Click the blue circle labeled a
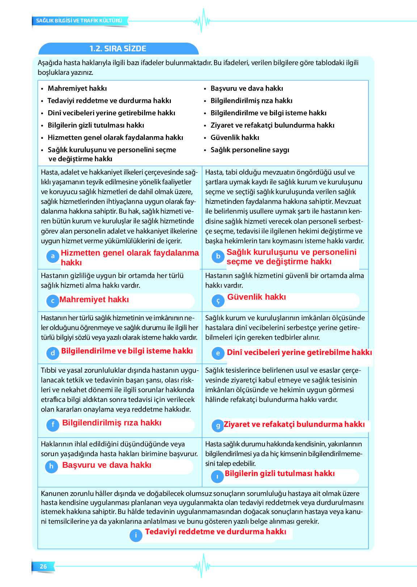tap(53, 256)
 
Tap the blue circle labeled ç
tap(218, 301)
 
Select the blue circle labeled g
tap(218, 426)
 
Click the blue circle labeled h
tap(51, 466)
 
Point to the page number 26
tap(43, 566)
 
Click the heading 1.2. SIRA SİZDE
tap(118, 49)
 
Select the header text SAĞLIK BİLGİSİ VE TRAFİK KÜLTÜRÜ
tap(79, 21)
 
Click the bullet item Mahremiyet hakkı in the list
tap(77, 89)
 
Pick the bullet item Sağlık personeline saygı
tap(250, 150)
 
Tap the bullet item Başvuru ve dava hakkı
tap(247, 89)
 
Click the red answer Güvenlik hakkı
tap(256, 297)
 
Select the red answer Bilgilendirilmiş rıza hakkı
tap(111, 423)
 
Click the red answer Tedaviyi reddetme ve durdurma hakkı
tap(215, 532)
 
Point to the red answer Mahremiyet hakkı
tap(94, 300)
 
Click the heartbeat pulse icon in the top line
tap(202, 21)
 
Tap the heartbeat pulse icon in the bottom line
tap(202, 566)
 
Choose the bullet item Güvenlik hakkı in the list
tap(235, 138)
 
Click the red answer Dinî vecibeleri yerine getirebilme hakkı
tap(299, 352)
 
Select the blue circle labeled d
tap(53, 353)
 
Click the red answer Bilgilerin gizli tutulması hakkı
tap(279, 474)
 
